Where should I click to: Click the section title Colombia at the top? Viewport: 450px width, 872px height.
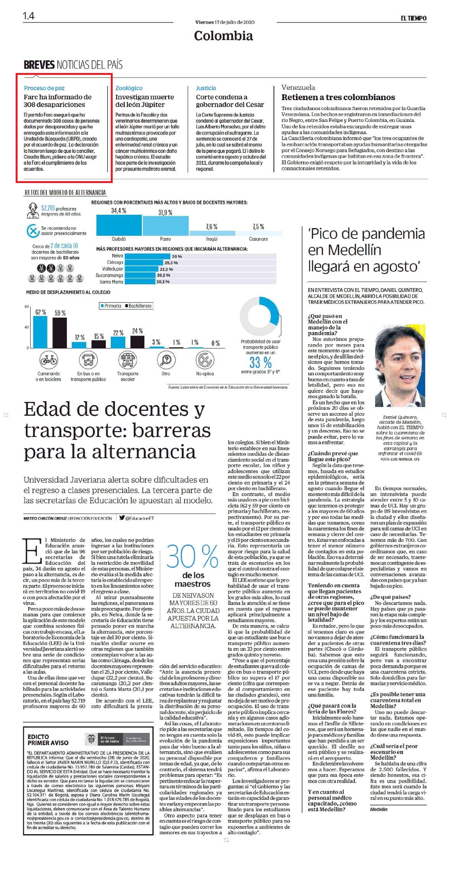(x=223, y=36)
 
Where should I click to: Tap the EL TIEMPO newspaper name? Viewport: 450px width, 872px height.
(x=413, y=18)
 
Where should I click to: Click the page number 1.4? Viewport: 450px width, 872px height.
(x=29, y=16)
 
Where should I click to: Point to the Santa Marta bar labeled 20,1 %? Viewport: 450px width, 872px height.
(x=140, y=282)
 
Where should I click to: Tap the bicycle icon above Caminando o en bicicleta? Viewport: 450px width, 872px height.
(x=49, y=360)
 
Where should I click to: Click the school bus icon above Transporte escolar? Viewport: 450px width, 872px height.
(x=128, y=360)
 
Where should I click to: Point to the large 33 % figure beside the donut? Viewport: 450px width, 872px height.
(x=261, y=362)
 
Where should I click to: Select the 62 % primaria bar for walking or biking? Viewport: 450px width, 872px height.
(x=40, y=332)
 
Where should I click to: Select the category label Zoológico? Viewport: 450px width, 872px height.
(x=129, y=88)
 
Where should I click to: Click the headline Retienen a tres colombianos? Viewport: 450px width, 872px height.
(x=338, y=97)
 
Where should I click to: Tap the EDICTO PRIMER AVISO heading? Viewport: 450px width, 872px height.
(x=48, y=740)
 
